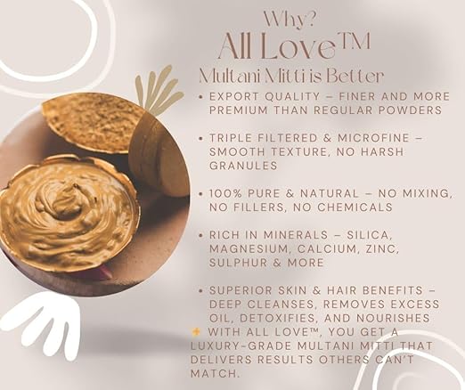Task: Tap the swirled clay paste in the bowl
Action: (67, 214)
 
